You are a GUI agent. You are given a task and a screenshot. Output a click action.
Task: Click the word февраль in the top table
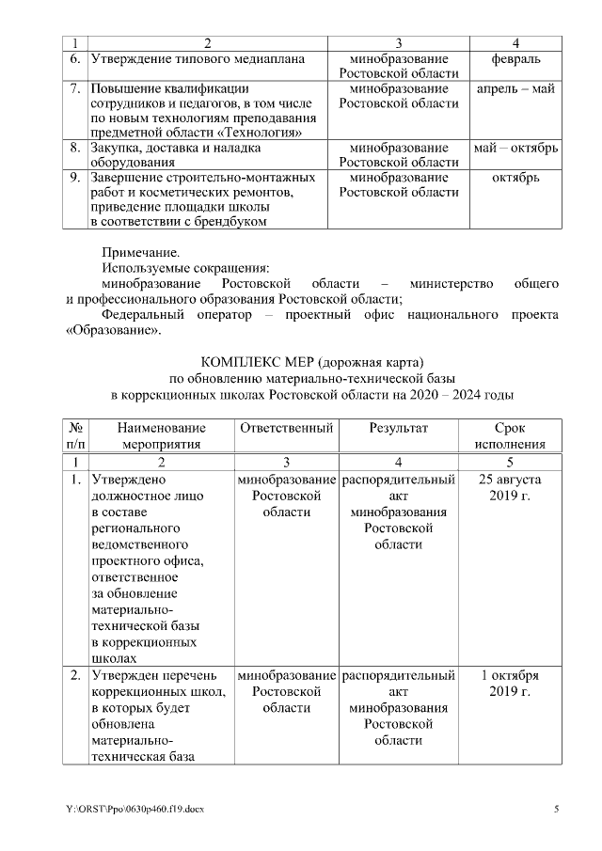[515, 58]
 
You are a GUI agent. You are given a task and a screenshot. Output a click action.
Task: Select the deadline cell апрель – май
[515, 88]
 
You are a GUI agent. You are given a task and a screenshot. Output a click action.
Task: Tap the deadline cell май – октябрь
[515, 148]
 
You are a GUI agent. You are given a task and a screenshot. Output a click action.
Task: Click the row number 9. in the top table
[74, 177]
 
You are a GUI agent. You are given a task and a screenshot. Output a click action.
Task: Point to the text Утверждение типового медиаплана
[198, 58]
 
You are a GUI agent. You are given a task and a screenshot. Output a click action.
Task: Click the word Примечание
[139, 252]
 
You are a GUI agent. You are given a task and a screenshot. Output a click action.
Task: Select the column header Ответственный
[287, 428]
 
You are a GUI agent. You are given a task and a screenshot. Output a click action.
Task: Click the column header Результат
[398, 428]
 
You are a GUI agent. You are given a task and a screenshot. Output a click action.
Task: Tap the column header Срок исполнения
[510, 435]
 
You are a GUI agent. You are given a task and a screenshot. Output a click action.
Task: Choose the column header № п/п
[75, 435]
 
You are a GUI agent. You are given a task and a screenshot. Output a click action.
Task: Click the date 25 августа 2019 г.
[510, 487]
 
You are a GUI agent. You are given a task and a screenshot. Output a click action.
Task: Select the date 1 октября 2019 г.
[510, 684]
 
